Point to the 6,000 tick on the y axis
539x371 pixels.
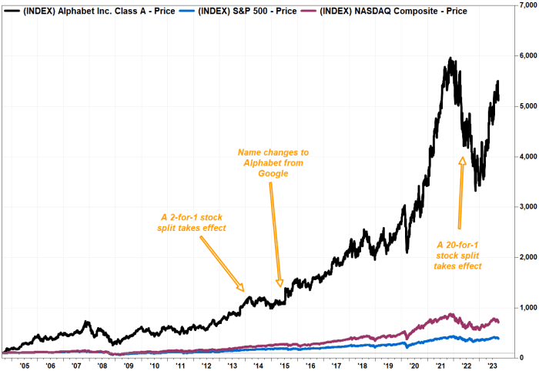[526, 55]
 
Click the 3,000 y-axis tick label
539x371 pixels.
[526, 206]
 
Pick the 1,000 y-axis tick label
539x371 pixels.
[526, 307]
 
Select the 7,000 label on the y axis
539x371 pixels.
[526, 5]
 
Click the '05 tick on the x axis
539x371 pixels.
[25, 365]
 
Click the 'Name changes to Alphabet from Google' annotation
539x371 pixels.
[262, 162]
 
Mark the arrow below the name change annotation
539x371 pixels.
[276, 234]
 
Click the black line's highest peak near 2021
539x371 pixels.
[450, 58]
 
